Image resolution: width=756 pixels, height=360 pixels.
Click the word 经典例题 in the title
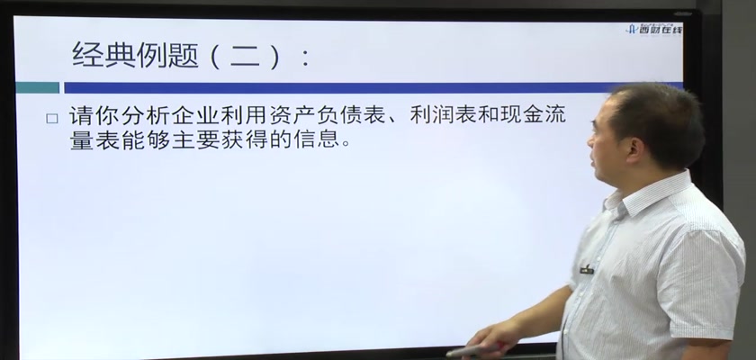[136, 55]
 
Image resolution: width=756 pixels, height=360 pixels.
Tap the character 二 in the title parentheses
[246, 56]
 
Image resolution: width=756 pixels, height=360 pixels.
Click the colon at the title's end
[305, 58]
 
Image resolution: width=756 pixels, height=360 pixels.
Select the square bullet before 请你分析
[52, 119]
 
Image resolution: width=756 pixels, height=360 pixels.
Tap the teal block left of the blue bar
[38, 87]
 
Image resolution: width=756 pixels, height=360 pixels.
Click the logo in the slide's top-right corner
[654, 30]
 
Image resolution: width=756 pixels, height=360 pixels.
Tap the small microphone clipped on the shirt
[587, 270]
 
